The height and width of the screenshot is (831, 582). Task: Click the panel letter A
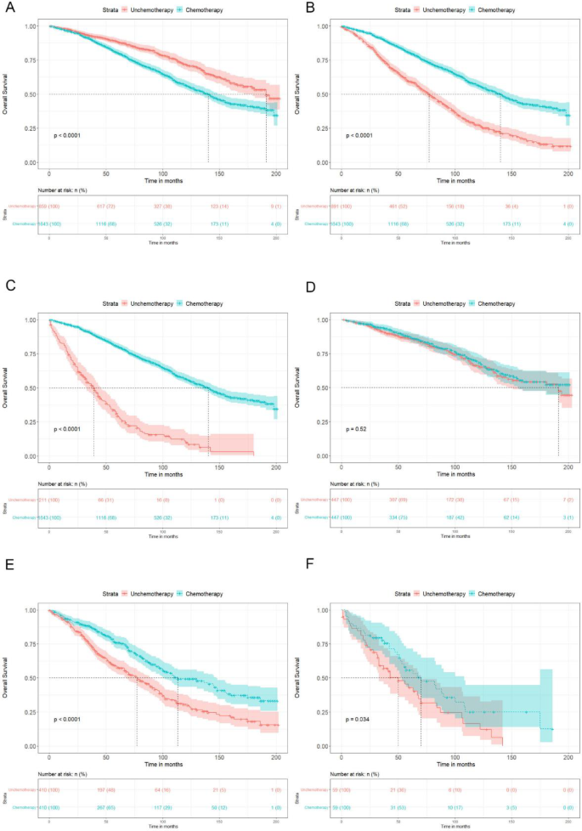7,8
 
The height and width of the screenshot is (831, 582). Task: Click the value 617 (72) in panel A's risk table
105,206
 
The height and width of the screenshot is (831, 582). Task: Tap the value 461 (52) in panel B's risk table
398,206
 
